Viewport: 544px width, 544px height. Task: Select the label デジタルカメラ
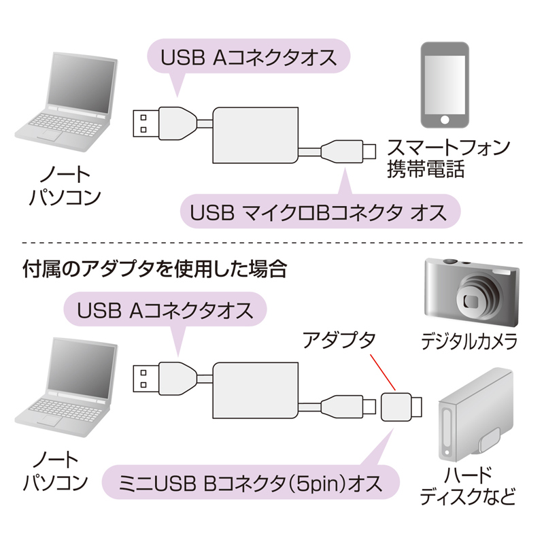(x=469, y=340)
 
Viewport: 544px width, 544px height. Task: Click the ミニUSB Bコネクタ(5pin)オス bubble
(x=248, y=483)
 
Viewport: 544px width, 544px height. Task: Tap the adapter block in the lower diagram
(x=398, y=407)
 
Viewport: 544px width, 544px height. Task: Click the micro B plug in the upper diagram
(x=347, y=150)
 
